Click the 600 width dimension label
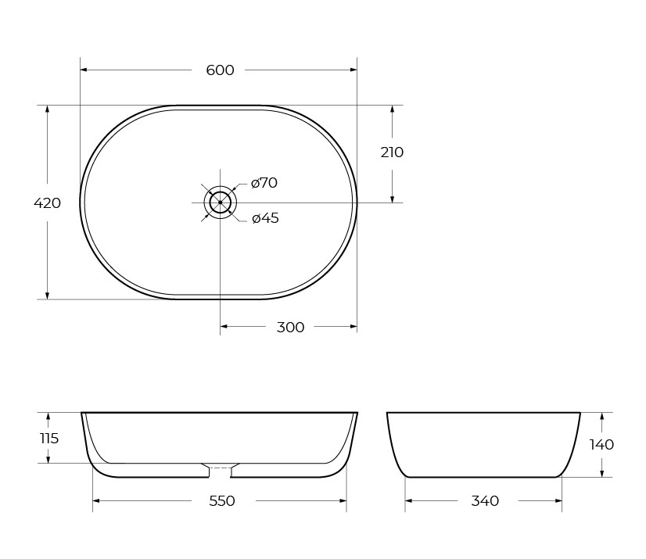click(220, 70)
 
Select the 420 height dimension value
click(47, 203)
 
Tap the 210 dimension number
click(392, 152)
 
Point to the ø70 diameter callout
click(264, 183)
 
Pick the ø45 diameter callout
click(265, 218)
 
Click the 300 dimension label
click(290, 328)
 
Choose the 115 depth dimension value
click(48, 439)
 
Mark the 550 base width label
click(222, 501)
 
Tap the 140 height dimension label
click(601, 445)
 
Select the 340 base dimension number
click(485, 501)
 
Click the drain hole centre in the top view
click(220, 202)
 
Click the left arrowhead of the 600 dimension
click(84, 70)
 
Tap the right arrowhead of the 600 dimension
click(353, 70)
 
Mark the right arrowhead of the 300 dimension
click(353, 327)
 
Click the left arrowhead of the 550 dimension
click(97, 500)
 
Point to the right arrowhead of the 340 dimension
click(558, 500)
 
